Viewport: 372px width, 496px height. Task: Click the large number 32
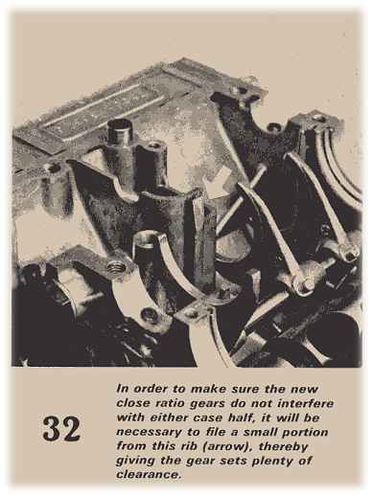click(61, 429)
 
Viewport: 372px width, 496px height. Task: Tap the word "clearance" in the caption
click(147, 474)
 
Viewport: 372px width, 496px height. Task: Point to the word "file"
click(217, 432)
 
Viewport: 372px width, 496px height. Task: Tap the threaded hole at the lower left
click(116, 266)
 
